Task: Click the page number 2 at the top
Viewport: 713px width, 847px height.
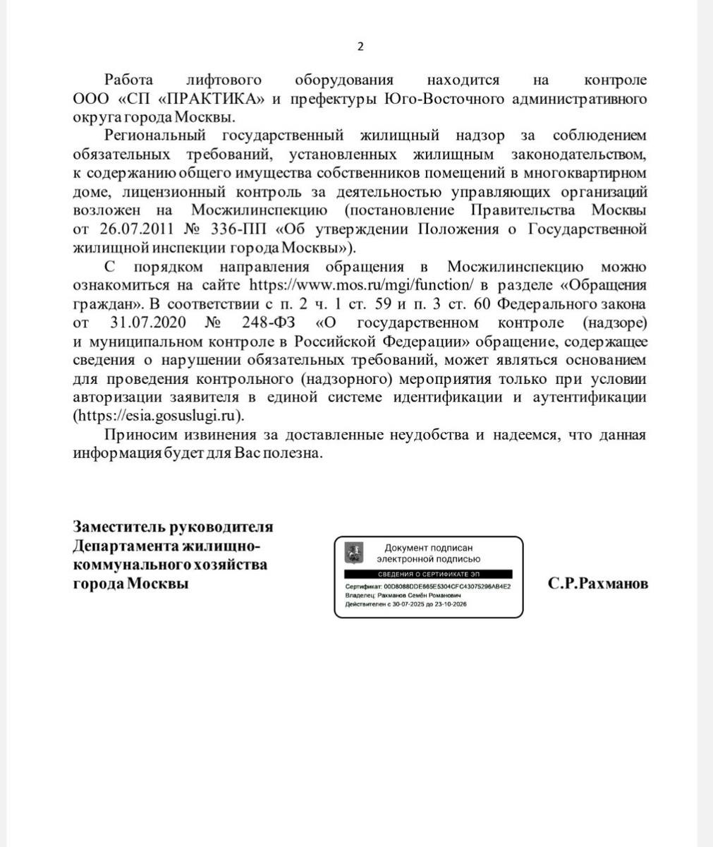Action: [360, 47]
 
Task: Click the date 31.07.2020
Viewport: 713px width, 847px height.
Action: [148, 323]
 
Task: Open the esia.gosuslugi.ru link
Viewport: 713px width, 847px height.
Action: [158, 416]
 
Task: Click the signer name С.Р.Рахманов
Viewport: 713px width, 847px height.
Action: [597, 584]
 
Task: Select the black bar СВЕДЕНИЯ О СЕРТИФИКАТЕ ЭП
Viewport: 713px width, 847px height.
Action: [429, 575]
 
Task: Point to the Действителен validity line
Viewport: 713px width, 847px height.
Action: [406, 605]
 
